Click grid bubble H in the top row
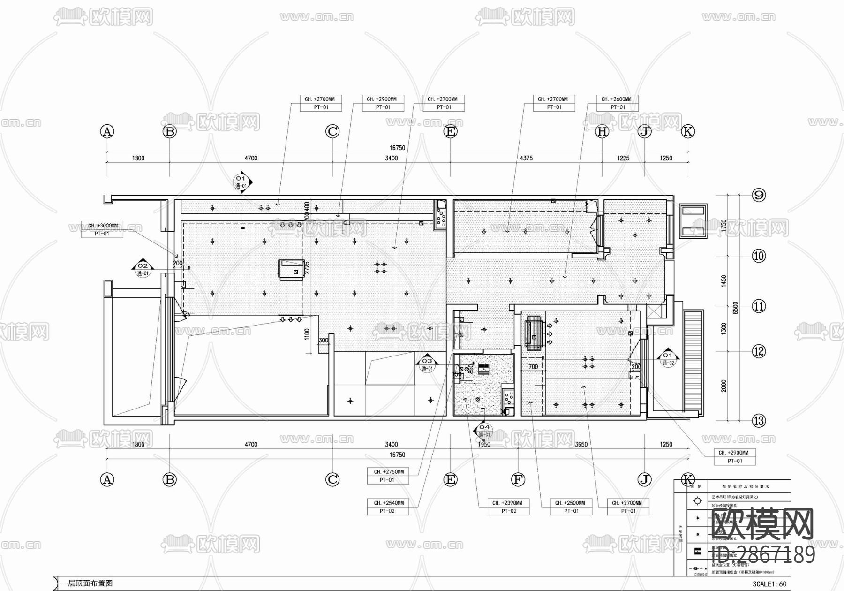(602, 132)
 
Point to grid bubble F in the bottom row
(518, 479)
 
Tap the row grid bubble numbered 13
(759, 421)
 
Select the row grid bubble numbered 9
(759, 195)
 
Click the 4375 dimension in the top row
(526, 159)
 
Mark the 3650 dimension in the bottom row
(581, 444)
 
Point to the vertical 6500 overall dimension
(735, 307)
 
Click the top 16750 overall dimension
(397, 148)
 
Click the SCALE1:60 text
(769, 584)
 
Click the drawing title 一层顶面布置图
(87, 584)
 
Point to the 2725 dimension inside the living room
(307, 268)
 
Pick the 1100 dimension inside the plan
(307, 334)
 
